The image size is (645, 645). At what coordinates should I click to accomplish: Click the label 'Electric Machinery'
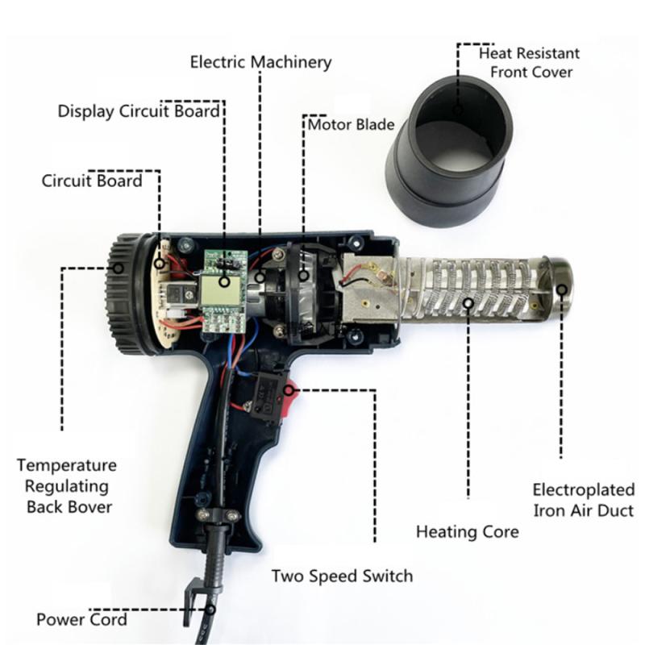[x=260, y=62]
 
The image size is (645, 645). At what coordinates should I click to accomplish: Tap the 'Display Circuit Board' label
[x=138, y=111]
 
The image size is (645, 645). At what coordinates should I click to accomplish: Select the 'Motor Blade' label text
[x=352, y=124]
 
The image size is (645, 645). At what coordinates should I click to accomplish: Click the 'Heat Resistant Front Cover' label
[x=529, y=63]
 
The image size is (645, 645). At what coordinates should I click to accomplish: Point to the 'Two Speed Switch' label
[x=342, y=576]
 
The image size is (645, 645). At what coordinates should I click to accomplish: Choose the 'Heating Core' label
[x=467, y=532]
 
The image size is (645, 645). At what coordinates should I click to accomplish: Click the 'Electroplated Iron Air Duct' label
[x=583, y=499]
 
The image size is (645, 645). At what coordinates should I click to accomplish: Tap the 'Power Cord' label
[x=81, y=619]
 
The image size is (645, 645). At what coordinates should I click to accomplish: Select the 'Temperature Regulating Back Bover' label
[x=68, y=486]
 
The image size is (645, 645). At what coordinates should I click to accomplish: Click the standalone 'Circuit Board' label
[x=92, y=180]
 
